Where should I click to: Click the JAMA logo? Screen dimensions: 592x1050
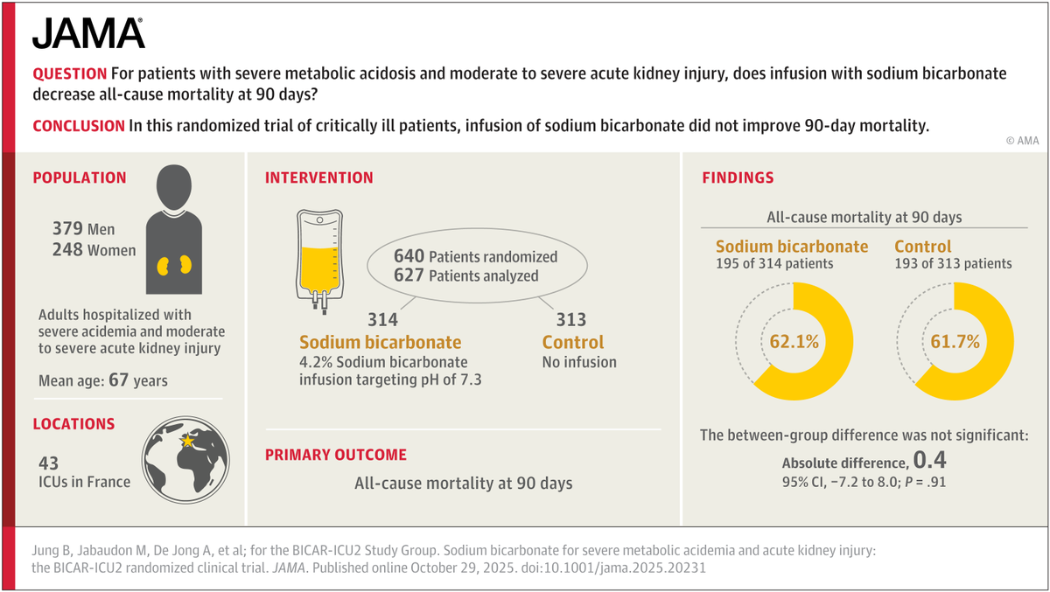[x=88, y=34]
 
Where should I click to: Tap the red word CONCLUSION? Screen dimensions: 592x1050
[x=79, y=125]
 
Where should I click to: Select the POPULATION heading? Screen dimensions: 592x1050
[x=80, y=178]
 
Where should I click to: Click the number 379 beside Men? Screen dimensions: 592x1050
[x=68, y=230]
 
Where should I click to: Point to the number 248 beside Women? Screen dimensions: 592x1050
[x=68, y=251]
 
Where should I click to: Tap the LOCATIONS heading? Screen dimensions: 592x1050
[x=73, y=424]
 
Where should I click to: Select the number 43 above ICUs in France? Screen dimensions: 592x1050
[x=48, y=463]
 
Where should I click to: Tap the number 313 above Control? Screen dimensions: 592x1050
[x=572, y=320]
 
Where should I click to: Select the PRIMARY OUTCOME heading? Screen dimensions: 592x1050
[x=336, y=455]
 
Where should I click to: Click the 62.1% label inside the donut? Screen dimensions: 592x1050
[x=794, y=341]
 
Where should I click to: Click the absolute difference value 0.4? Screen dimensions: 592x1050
[x=929, y=460]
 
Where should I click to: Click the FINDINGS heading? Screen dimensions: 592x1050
[x=738, y=178]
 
